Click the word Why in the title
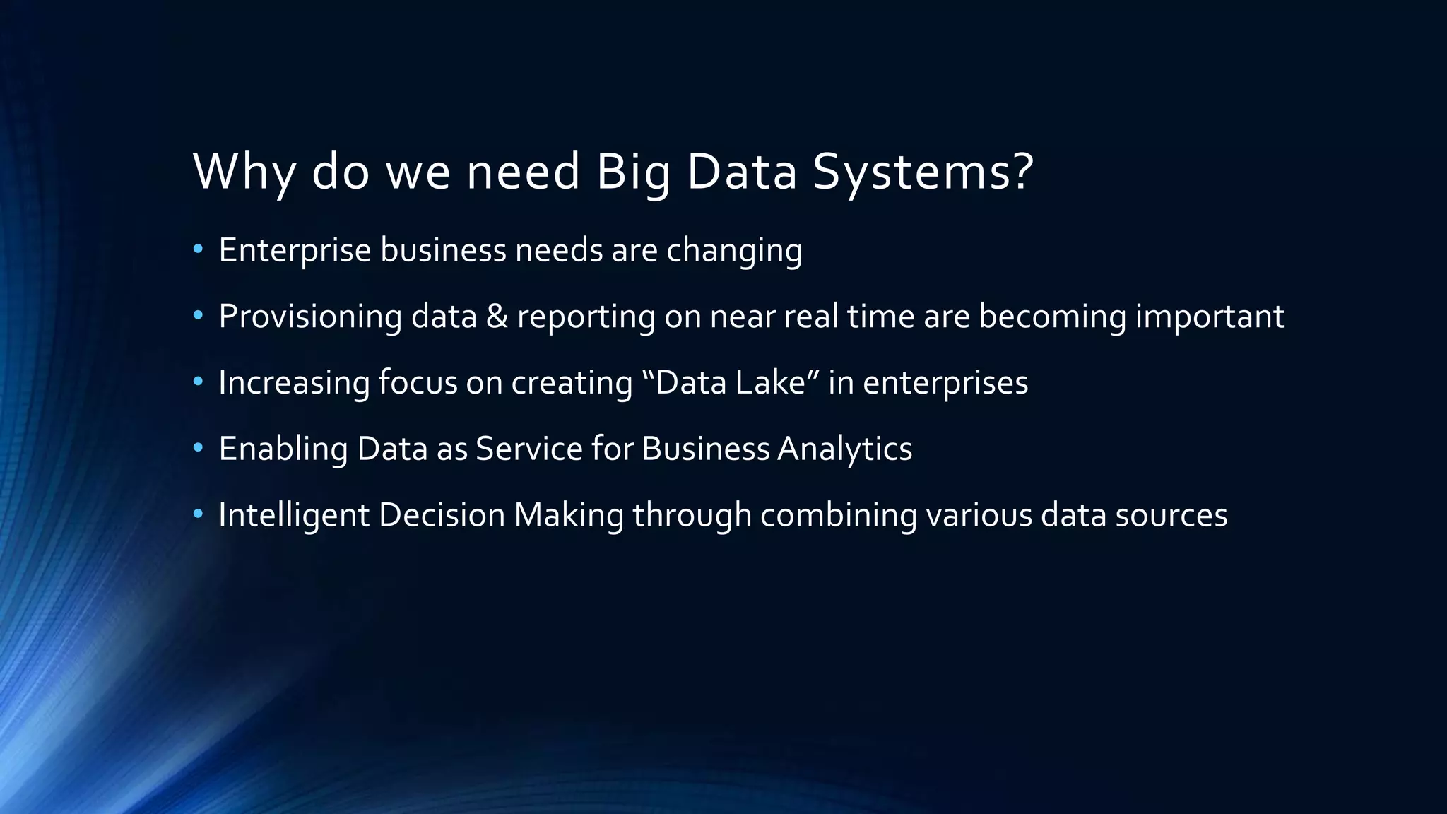click(x=244, y=171)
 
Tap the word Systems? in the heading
click(x=923, y=171)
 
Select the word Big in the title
click(x=633, y=171)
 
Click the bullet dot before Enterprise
click(x=198, y=249)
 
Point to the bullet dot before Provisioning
click(x=198, y=316)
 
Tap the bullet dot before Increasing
click(x=198, y=382)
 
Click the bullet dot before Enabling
click(x=198, y=448)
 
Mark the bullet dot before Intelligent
click(x=198, y=514)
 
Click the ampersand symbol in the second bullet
click(x=497, y=316)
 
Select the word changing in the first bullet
click(x=734, y=251)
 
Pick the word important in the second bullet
click(x=1210, y=316)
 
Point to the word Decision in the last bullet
click(x=442, y=514)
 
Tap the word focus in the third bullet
click(x=418, y=382)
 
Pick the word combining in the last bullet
click(x=838, y=515)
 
